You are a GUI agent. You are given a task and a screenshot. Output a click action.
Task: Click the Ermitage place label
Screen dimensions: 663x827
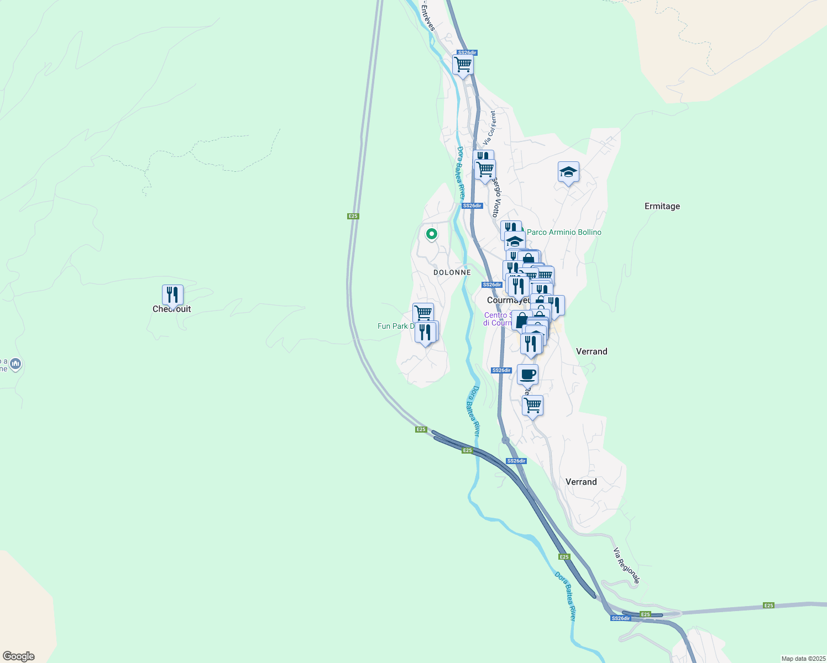(x=662, y=206)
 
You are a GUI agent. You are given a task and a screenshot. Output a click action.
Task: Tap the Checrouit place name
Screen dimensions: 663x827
(x=172, y=309)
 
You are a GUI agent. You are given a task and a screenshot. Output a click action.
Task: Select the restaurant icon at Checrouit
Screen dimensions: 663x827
(x=172, y=294)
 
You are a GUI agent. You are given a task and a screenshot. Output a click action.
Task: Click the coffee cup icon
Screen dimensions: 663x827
(x=527, y=374)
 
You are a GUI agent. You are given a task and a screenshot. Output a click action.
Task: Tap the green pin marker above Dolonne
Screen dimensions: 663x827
(x=431, y=234)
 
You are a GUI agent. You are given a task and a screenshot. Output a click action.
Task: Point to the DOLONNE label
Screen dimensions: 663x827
(x=452, y=272)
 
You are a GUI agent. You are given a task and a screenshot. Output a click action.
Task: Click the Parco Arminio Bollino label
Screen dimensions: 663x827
(x=564, y=232)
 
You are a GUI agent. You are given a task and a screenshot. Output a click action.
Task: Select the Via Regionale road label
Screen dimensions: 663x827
(x=626, y=566)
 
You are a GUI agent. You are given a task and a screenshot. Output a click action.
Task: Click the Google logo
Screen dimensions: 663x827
(x=19, y=656)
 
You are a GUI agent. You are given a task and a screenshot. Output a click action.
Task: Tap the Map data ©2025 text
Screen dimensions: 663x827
(x=802, y=659)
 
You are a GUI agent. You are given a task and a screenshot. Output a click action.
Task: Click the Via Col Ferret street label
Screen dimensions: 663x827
(x=490, y=128)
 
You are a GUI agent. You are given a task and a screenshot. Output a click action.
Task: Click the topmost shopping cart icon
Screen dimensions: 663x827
(x=463, y=64)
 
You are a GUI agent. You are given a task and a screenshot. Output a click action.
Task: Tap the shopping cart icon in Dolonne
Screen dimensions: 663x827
(x=423, y=312)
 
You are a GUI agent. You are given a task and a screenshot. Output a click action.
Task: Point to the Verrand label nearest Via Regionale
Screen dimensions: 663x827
(x=581, y=482)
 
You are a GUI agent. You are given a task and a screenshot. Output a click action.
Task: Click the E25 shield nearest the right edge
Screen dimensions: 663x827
(x=768, y=606)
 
